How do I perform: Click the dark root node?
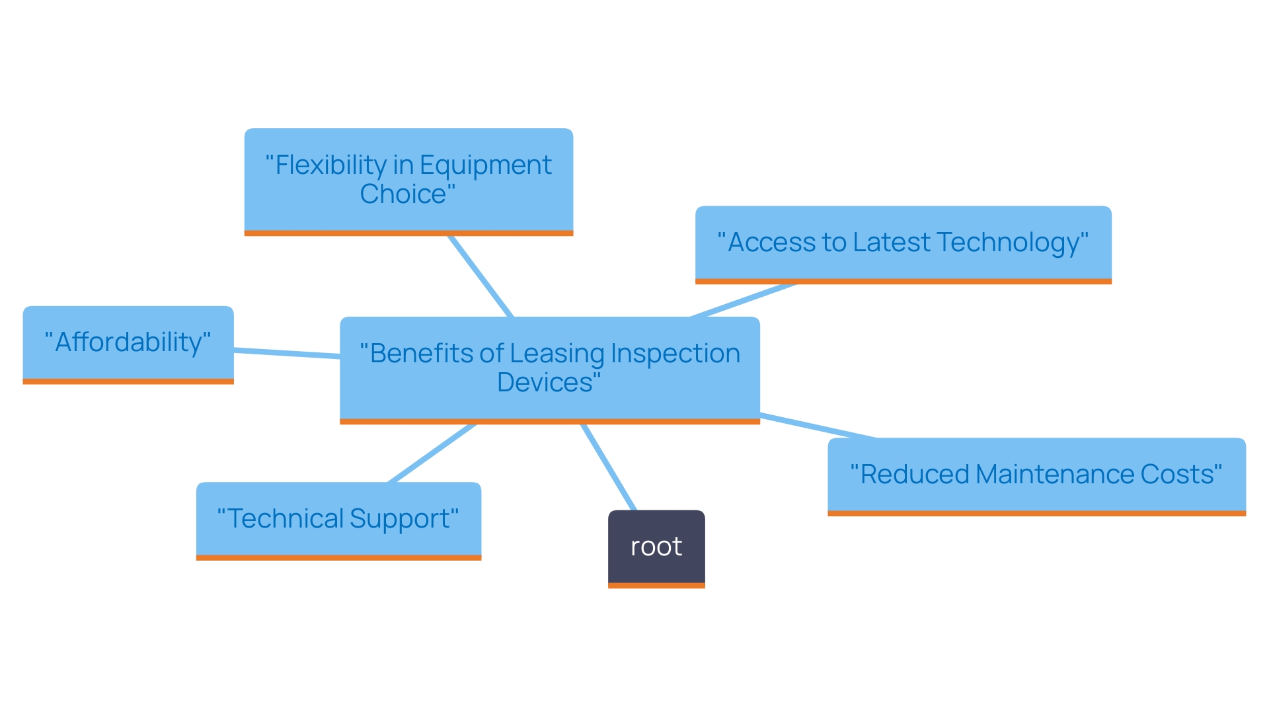pyautogui.click(x=656, y=547)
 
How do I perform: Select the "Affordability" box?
pyautogui.click(x=128, y=343)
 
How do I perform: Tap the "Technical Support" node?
pyautogui.click(x=338, y=520)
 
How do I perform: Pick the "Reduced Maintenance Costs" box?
pyautogui.click(x=1036, y=475)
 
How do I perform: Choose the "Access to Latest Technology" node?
pyautogui.click(x=903, y=243)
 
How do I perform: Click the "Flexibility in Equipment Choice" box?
pyautogui.click(x=408, y=180)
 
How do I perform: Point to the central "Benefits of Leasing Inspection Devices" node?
pyautogui.click(x=549, y=368)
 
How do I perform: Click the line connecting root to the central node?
pyautogui.click(x=609, y=467)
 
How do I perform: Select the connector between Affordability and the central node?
pyautogui.click(x=287, y=353)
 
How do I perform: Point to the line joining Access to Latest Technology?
pyautogui.click(x=744, y=301)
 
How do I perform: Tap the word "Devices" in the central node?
pyautogui.click(x=545, y=383)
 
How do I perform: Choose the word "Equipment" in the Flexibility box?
pyautogui.click(x=486, y=165)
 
